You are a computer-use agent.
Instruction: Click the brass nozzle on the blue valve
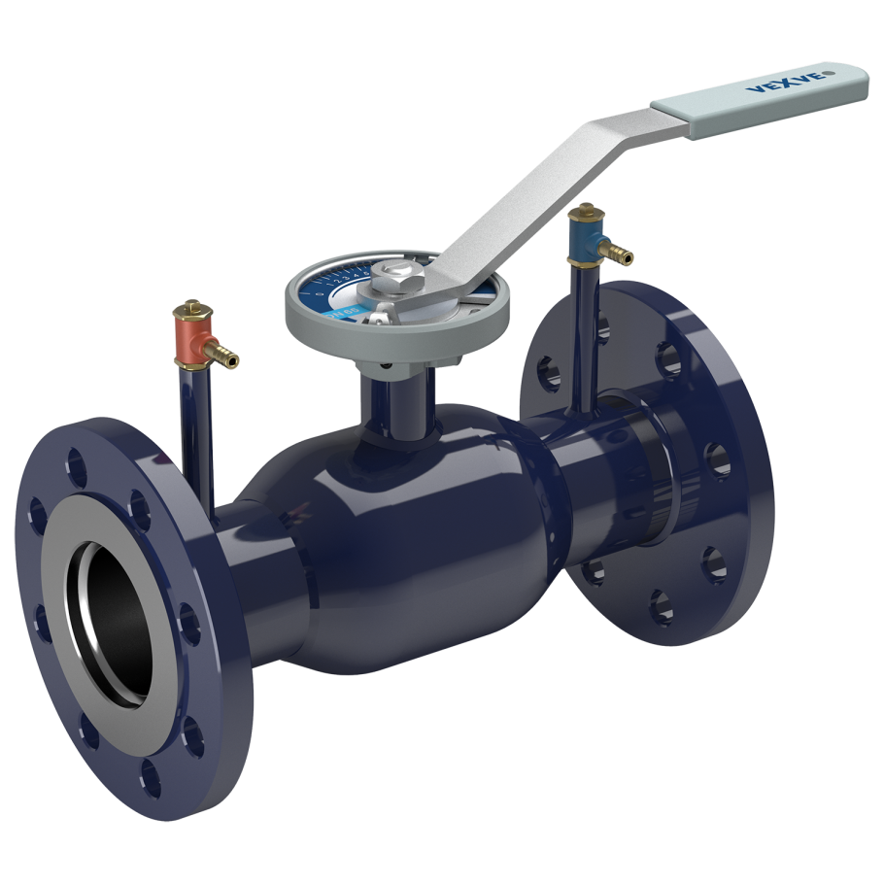pyautogui.click(x=619, y=255)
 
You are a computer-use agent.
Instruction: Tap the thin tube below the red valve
pyautogui.click(x=194, y=427)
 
